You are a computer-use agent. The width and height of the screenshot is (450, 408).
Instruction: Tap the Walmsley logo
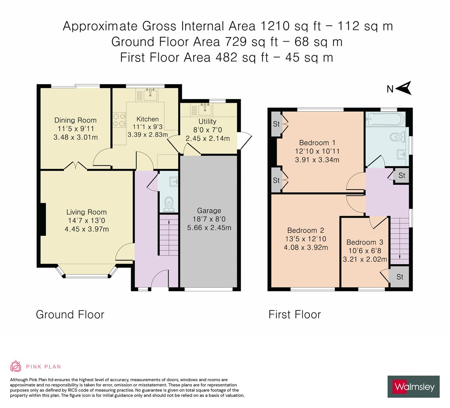(414, 386)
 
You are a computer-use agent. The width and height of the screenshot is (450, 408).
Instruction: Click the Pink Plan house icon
(16, 366)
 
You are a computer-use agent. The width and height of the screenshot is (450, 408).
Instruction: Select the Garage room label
(209, 210)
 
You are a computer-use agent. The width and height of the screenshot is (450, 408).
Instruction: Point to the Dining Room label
(76, 120)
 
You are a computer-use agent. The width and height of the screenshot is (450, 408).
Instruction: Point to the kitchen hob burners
(119, 120)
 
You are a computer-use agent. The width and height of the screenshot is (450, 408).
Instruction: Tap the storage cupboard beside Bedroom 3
(400, 277)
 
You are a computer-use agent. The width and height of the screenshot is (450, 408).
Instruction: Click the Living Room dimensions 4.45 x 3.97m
(87, 229)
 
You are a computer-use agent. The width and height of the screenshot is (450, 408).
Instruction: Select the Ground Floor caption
(70, 314)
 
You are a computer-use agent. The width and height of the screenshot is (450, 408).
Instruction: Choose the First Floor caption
(294, 314)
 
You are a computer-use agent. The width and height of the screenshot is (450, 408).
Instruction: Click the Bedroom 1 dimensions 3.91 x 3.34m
(317, 159)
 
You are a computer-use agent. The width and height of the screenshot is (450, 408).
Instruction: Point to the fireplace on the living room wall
(43, 219)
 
